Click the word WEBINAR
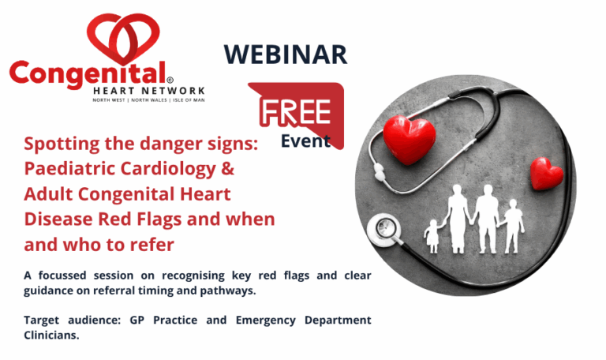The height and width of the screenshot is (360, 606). tap(286, 54)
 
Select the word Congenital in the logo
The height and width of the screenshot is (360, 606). tap(88, 74)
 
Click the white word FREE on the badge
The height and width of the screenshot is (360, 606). tap(296, 112)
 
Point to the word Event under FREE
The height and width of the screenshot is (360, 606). tap(305, 141)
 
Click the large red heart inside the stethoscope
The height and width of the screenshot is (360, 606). tap(409, 139)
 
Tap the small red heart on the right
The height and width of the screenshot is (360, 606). tap(546, 174)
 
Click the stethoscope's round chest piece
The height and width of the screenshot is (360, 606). tap(383, 230)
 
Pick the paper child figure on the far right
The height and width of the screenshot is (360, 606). tap(513, 226)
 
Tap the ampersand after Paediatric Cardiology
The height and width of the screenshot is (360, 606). tap(228, 168)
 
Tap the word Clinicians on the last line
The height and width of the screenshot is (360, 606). tap(51, 336)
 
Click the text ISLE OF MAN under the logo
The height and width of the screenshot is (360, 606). tap(189, 100)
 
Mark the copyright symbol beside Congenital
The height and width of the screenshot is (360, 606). tap(170, 80)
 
